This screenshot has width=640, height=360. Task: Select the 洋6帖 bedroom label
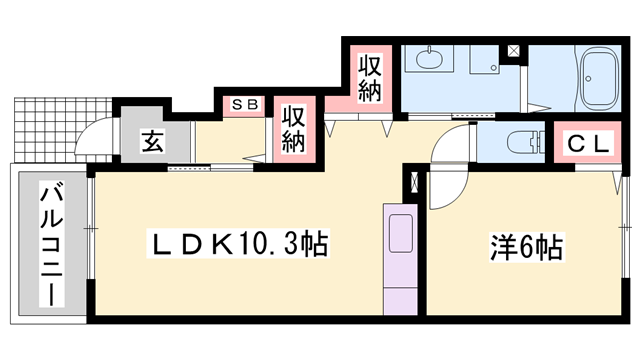[525, 244]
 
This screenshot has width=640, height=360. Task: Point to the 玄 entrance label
[151, 141]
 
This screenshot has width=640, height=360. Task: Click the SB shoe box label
[245, 104]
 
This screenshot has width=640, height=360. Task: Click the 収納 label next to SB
[292, 128]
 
